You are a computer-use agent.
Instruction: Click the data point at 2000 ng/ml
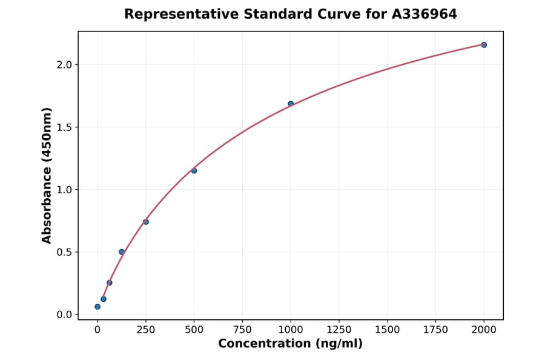click(x=484, y=45)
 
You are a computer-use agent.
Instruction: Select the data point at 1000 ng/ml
click(x=291, y=104)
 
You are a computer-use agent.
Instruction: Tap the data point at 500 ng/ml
click(x=194, y=170)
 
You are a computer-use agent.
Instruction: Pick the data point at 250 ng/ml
click(x=146, y=222)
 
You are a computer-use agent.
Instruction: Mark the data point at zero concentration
click(x=97, y=307)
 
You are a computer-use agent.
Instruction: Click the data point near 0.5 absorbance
click(x=122, y=252)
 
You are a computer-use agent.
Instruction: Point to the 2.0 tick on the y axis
click(x=64, y=65)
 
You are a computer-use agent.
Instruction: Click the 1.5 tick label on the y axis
click(x=64, y=127)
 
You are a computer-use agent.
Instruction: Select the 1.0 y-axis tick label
click(x=64, y=190)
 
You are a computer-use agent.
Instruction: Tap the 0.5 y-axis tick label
click(x=64, y=252)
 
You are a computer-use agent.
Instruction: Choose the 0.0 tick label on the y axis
click(x=64, y=315)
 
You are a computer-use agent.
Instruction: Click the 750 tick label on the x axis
click(x=242, y=330)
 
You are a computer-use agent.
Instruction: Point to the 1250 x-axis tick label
click(x=339, y=330)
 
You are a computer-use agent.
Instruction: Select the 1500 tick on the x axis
click(x=388, y=330)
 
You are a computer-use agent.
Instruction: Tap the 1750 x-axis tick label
click(x=435, y=330)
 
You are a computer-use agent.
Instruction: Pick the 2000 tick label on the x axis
click(x=484, y=330)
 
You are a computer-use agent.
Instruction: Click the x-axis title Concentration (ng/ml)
click(x=291, y=344)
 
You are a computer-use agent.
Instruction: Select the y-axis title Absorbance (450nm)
click(x=47, y=175)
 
